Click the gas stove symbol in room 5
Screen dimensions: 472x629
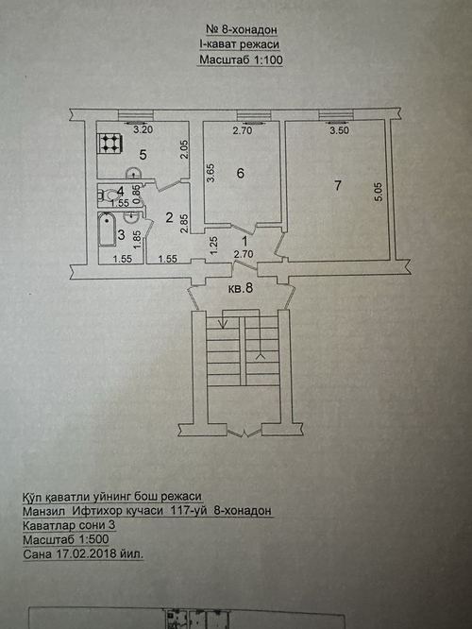(110, 143)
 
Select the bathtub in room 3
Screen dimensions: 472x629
(107, 229)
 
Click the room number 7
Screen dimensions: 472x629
(338, 185)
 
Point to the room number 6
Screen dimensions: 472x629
(240, 173)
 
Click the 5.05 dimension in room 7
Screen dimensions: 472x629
(379, 192)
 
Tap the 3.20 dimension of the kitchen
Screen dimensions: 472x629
(143, 129)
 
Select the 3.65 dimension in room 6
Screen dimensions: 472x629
(211, 173)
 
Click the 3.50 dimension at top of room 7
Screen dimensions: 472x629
(339, 130)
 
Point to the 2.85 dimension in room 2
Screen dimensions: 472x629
(184, 224)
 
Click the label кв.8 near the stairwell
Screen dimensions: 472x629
(241, 288)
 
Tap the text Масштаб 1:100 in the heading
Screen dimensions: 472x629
(241, 60)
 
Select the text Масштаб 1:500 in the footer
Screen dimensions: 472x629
(66, 539)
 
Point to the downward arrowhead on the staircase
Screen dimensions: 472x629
(223, 323)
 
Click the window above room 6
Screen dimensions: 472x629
(253, 115)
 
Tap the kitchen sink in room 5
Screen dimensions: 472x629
(133, 173)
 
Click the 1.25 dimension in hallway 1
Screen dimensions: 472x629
(214, 244)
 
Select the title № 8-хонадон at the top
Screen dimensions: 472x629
(242, 29)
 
